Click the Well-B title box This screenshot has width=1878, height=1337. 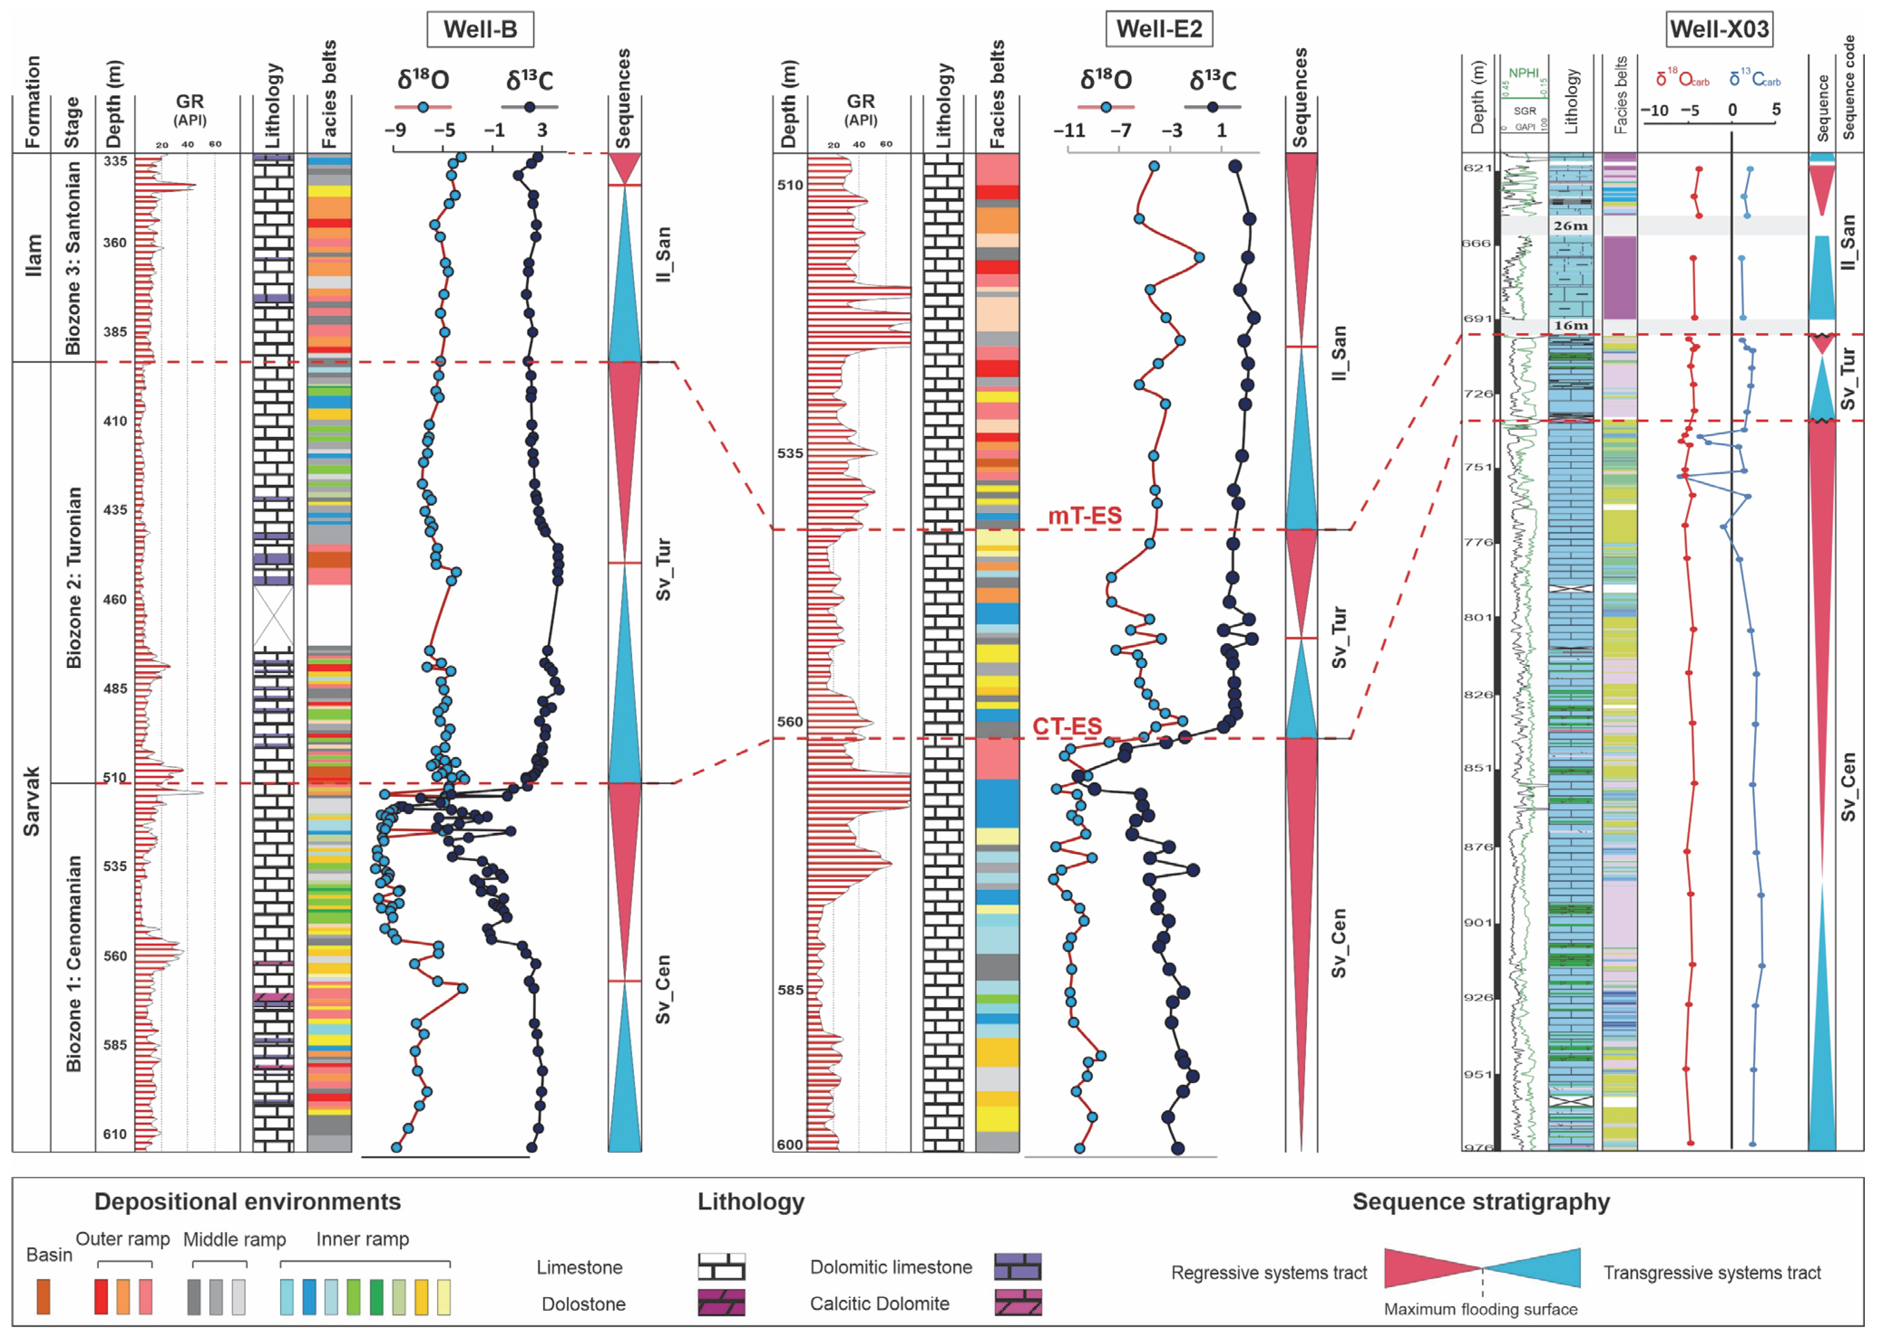(480, 29)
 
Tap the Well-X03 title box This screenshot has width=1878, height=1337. (1719, 29)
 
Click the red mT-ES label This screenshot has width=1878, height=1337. (1084, 516)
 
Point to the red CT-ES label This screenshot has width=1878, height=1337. (1067, 726)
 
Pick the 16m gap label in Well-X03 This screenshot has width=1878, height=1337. (1570, 325)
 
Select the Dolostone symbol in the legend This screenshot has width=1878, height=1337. (721, 1303)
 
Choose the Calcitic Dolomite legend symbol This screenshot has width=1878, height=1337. (1018, 1303)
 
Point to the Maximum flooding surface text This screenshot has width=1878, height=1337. (1480, 1309)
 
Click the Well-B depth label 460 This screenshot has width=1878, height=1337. (114, 600)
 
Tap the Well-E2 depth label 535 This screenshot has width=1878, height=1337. (790, 454)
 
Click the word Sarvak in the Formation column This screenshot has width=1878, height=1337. (31, 801)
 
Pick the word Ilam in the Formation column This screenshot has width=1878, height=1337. (33, 255)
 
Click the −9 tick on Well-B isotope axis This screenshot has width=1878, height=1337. (395, 130)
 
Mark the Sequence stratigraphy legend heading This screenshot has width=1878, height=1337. (1480, 1202)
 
